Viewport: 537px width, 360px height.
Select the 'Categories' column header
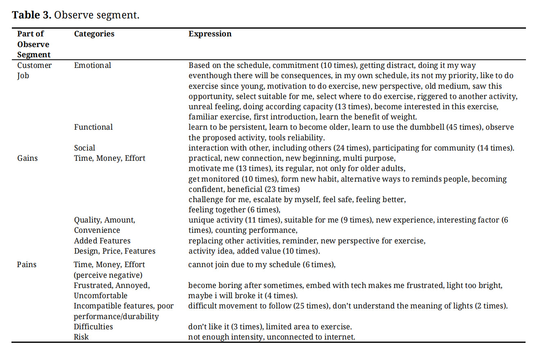[x=94, y=34]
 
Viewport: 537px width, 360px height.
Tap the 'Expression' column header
[x=210, y=34]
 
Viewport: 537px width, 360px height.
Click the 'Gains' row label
[x=27, y=158]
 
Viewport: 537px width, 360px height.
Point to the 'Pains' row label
[x=27, y=265]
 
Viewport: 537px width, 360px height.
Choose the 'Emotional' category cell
[x=92, y=65]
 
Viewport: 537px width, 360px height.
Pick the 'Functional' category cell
[x=93, y=127]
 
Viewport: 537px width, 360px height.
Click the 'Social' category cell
[x=85, y=148]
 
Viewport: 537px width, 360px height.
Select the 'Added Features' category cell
[x=102, y=241]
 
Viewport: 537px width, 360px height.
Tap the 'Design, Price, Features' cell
[x=115, y=251]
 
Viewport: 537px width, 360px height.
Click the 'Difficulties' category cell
[x=93, y=326]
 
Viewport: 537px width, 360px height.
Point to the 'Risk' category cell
[x=81, y=337]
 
